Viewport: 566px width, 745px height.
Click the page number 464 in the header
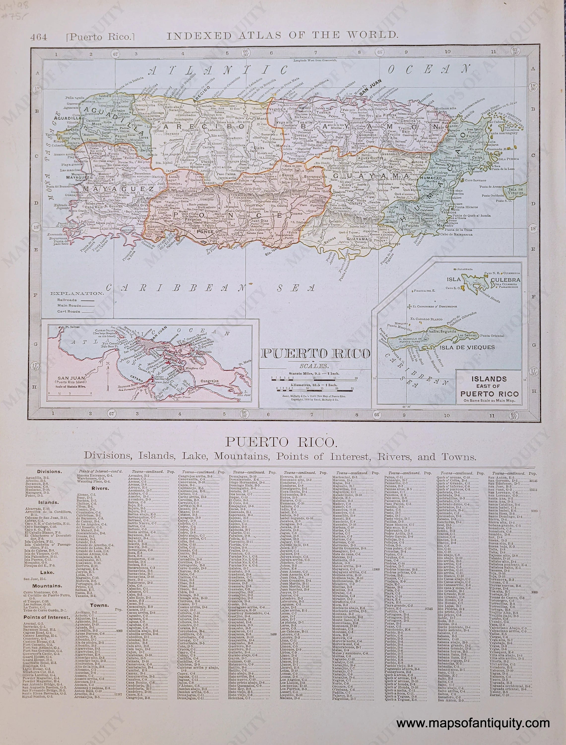pos(38,36)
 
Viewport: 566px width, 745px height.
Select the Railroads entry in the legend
pos(67,300)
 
